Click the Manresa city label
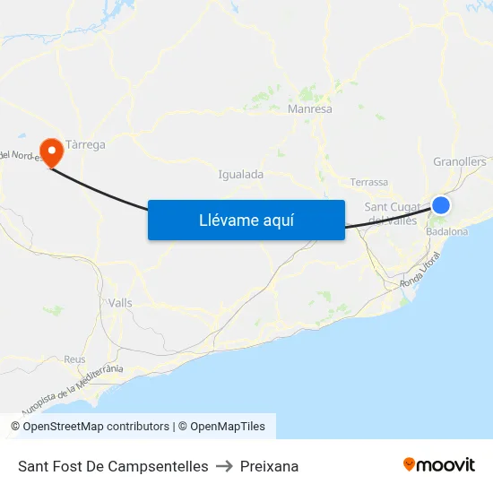pyautogui.click(x=310, y=109)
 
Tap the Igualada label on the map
pyautogui.click(x=240, y=175)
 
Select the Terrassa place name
pyautogui.click(x=369, y=182)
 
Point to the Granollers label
pyautogui.click(x=459, y=162)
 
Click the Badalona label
pyautogui.click(x=447, y=231)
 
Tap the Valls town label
pyautogui.click(x=119, y=303)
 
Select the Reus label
pyautogui.click(x=74, y=359)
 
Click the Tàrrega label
pyautogui.click(x=85, y=144)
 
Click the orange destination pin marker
pyautogui.click(x=51, y=151)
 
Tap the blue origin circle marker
pyautogui.click(x=440, y=205)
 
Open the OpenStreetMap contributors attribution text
pyautogui.click(x=96, y=427)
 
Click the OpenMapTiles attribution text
pyautogui.click(x=226, y=427)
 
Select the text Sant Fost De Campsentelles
pyautogui.click(x=113, y=466)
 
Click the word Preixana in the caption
pyautogui.click(x=269, y=466)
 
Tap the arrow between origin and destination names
pyautogui.click(x=224, y=466)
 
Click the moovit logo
pyautogui.click(x=438, y=464)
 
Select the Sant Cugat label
pyautogui.click(x=393, y=208)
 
